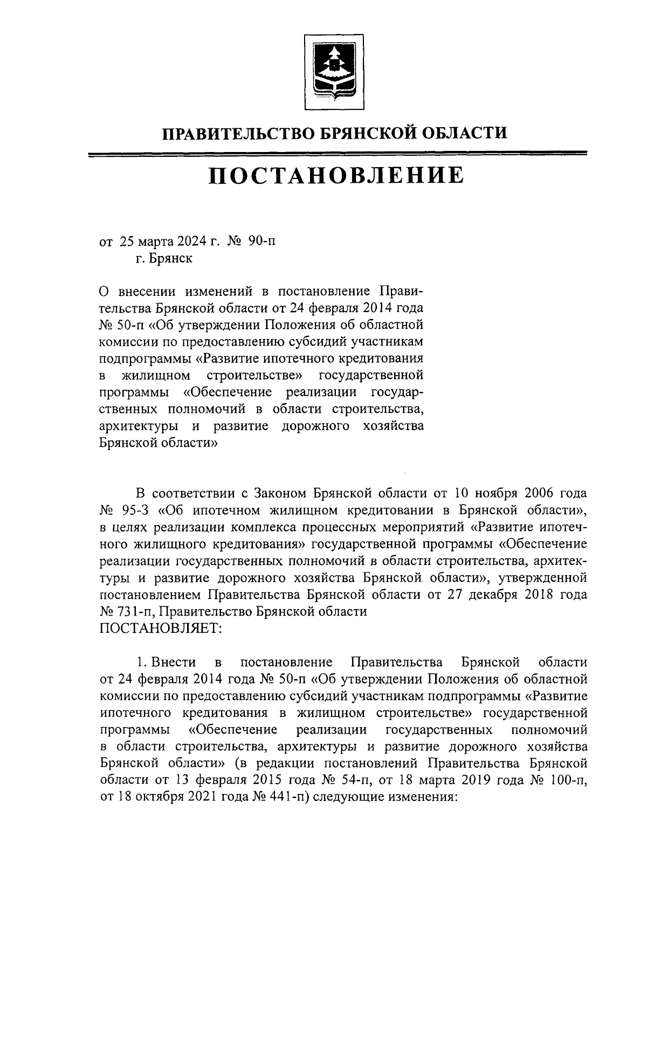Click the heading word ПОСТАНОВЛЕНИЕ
click(x=336, y=176)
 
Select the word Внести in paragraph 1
click(x=174, y=662)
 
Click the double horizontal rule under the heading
click(x=336, y=155)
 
